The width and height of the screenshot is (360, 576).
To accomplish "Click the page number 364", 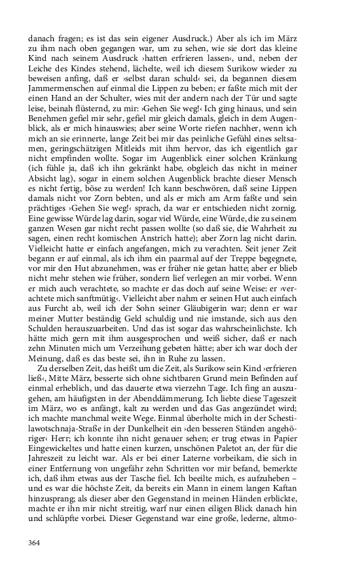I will (35, 542).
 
